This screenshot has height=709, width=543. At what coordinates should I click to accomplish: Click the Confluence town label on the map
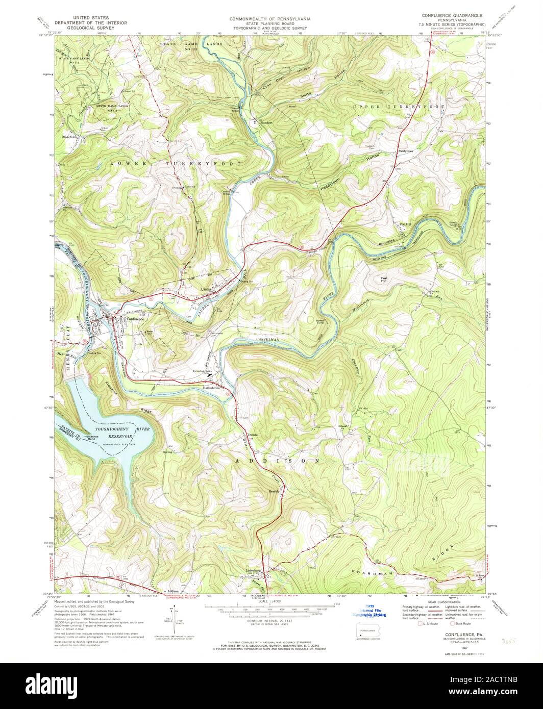[133, 319]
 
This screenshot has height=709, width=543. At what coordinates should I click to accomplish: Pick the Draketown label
[71, 137]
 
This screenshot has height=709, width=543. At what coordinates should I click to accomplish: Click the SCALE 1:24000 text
[270, 602]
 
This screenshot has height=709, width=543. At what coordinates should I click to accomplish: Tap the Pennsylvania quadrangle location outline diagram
[366, 632]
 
